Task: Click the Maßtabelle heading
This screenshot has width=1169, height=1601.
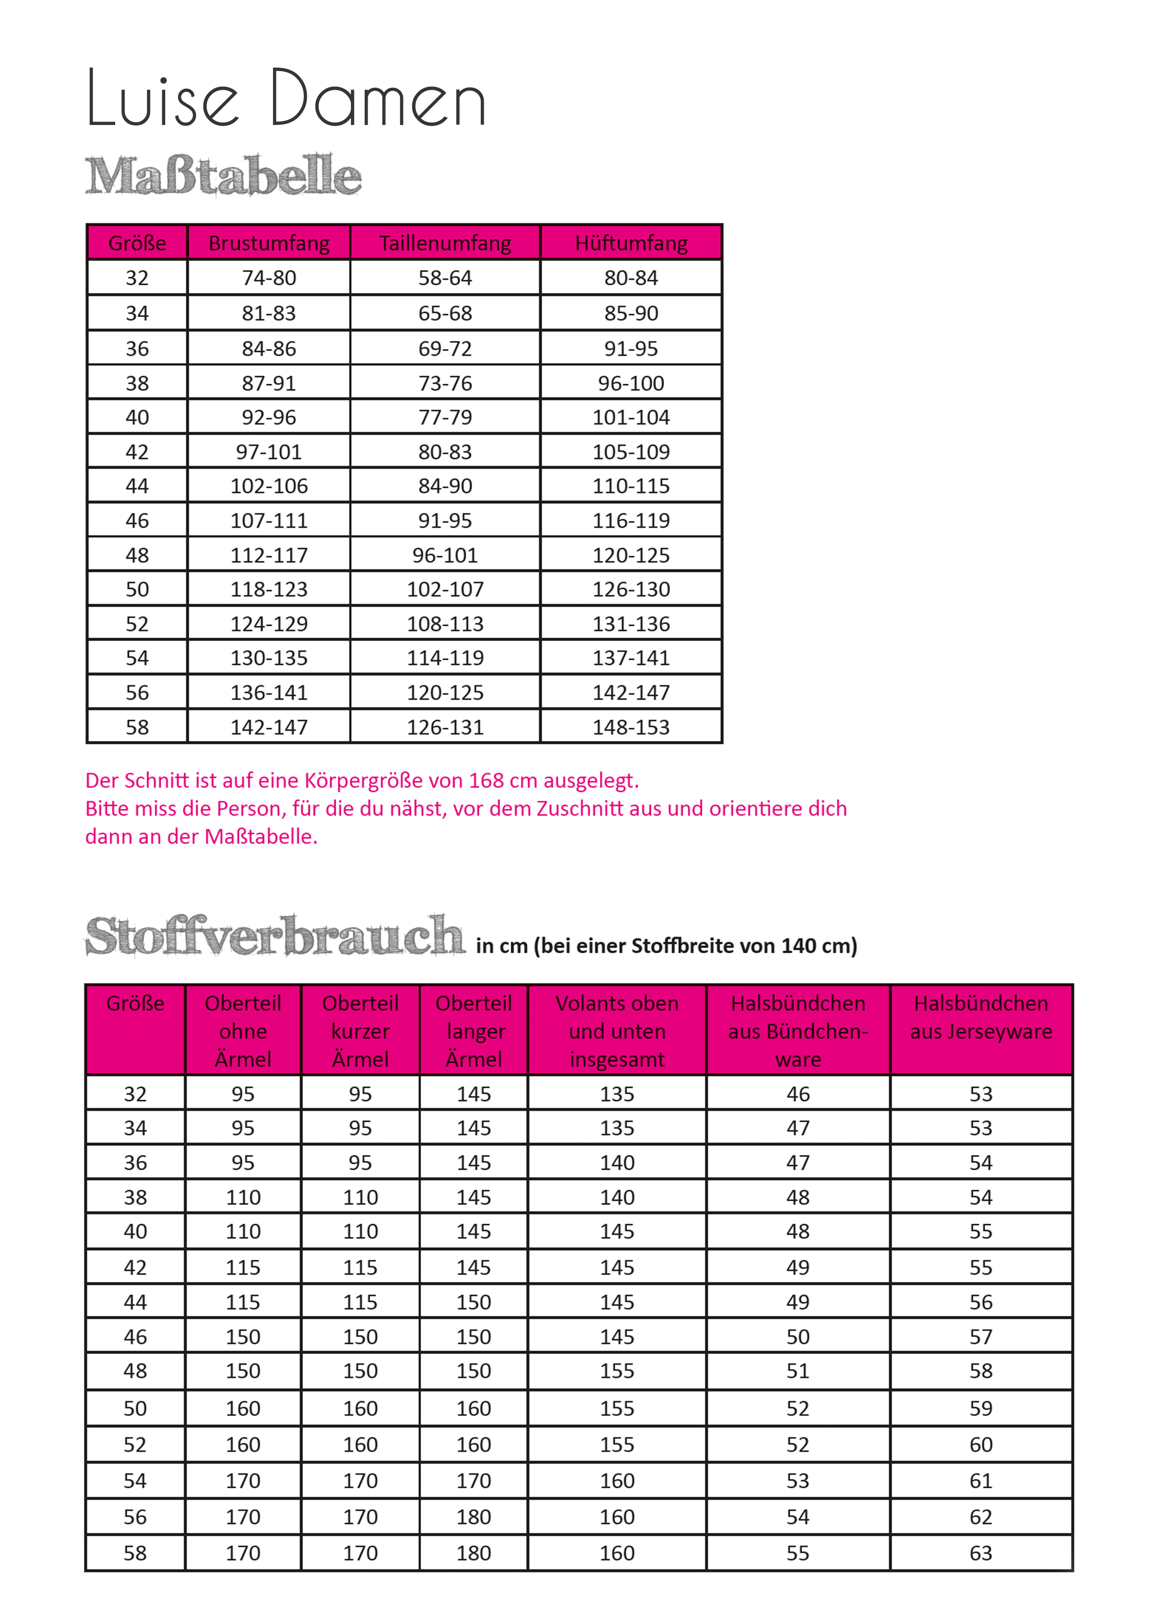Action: point(223,175)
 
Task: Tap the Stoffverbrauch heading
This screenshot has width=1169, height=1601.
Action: point(274,936)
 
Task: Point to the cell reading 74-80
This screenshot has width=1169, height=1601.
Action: point(269,278)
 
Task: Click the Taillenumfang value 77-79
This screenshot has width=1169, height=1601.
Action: point(445,418)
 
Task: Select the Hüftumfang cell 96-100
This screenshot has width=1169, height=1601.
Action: point(631,383)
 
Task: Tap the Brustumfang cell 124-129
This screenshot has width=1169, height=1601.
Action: point(269,624)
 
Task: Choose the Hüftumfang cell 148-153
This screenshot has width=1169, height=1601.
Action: point(631,727)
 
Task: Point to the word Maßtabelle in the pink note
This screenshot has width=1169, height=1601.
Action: point(260,837)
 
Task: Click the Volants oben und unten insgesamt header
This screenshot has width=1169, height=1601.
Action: point(617,1031)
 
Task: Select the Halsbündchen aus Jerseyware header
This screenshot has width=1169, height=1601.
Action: point(981,1017)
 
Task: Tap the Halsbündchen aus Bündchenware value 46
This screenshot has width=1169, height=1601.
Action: point(798,1094)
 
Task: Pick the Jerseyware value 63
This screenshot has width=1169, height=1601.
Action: point(981,1553)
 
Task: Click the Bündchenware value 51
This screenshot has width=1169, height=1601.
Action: point(798,1371)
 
